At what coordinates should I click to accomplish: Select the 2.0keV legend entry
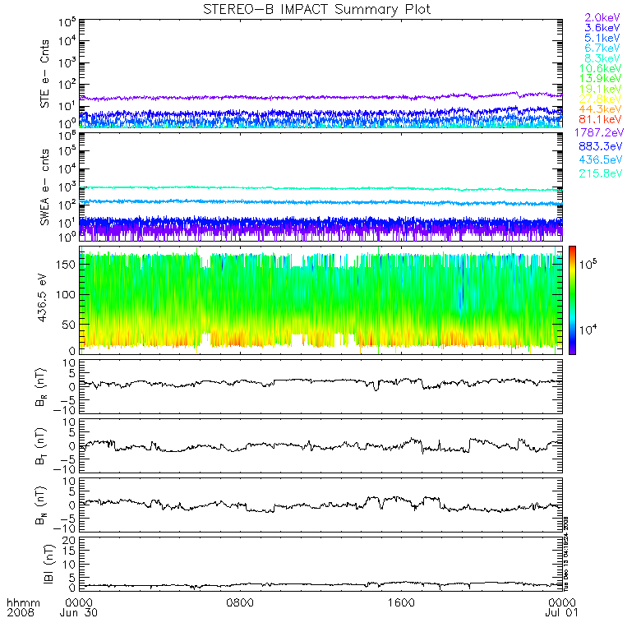pyautogui.click(x=602, y=17)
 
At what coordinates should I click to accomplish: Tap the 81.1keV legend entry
pyautogui.click(x=602, y=120)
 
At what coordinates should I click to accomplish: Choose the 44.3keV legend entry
pyautogui.click(x=602, y=109)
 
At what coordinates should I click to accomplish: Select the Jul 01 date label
pyautogui.click(x=561, y=612)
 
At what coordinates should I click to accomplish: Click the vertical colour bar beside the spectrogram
pyautogui.click(x=571, y=299)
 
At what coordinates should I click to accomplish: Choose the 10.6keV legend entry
pyautogui.click(x=602, y=68)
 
